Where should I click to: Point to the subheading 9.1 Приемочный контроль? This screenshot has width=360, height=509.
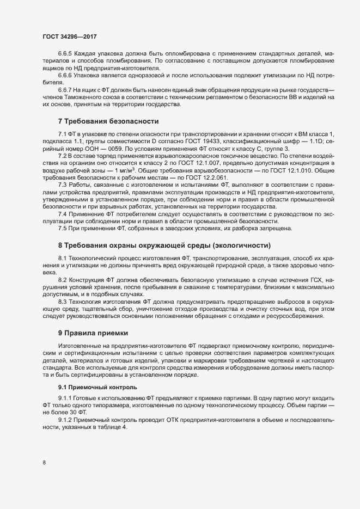click(93, 387)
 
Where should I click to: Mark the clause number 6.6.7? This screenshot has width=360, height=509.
click(65, 88)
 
